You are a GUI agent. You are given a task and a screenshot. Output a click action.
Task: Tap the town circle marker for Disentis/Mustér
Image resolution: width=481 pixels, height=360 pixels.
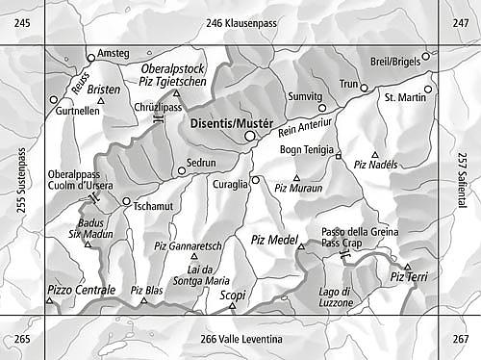[250, 137]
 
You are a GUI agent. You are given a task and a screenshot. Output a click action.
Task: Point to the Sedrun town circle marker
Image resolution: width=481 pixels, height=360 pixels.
[181, 171]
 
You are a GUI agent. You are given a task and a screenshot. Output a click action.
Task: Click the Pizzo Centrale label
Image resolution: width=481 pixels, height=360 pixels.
[80, 289]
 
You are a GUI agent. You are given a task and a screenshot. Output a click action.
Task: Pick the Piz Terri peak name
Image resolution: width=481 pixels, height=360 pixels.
[409, 277]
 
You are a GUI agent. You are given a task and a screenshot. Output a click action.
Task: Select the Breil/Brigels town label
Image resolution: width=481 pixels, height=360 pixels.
[395, 62]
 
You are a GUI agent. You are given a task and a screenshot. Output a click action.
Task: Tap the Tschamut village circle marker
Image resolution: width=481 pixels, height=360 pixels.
[126, 201]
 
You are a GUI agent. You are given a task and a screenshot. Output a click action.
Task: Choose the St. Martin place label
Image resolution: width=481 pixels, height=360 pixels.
[404, 97]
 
